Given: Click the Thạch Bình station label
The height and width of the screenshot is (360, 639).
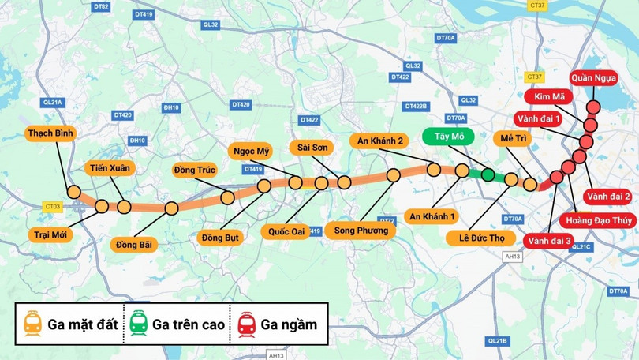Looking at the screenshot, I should point(50,133).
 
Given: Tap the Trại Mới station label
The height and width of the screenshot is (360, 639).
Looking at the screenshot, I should point(50,234).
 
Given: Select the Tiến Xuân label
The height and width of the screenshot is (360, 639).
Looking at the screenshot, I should point(110,167).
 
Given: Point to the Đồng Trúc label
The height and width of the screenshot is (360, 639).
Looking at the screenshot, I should point(194,169).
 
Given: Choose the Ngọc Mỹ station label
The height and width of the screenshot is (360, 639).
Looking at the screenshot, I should point(252,151).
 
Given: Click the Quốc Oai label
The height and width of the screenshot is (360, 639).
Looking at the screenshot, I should point(286,232).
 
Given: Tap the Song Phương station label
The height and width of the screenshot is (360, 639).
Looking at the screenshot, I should point(361,231).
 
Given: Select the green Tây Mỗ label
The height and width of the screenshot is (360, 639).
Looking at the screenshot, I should point(448,137).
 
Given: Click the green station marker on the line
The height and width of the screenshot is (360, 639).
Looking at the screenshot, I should point(488,174).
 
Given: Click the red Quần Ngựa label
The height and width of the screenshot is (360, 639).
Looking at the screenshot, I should point(592,77).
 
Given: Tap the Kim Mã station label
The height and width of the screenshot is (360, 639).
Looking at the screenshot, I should point(551,97).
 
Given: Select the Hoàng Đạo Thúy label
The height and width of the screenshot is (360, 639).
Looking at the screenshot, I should point(597,220).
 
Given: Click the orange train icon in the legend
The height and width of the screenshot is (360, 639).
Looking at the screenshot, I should point(32,324).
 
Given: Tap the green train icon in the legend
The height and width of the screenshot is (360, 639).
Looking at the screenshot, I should point(138,324).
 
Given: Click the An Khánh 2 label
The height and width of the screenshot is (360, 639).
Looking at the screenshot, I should point(380,141).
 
